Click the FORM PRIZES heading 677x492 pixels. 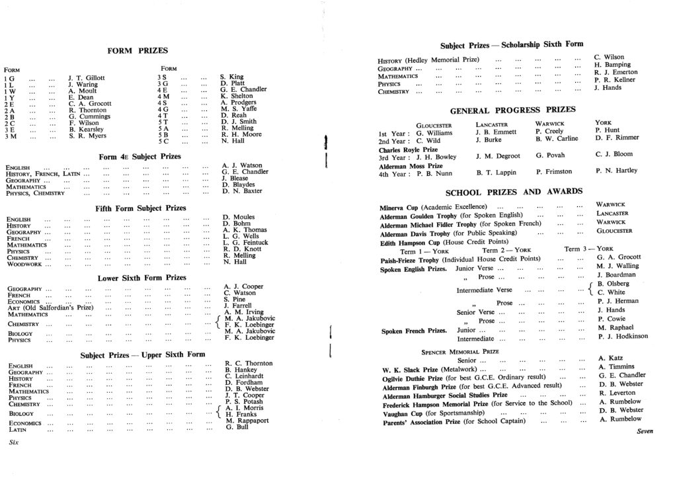pos(137,51)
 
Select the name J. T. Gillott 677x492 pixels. pos(87,77)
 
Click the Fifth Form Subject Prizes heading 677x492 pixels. pos(141,208)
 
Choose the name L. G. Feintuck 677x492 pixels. pos(245,243)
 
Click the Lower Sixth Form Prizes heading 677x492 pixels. pos(142,278)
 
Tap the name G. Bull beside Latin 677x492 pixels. pos(237,427)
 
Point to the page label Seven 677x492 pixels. pos(645,431)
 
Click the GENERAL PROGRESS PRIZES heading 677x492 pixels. pos(512,110)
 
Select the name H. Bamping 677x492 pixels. pos(612,65)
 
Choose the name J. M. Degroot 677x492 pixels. pos(498,156)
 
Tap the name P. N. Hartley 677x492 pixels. pos(616,171)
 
